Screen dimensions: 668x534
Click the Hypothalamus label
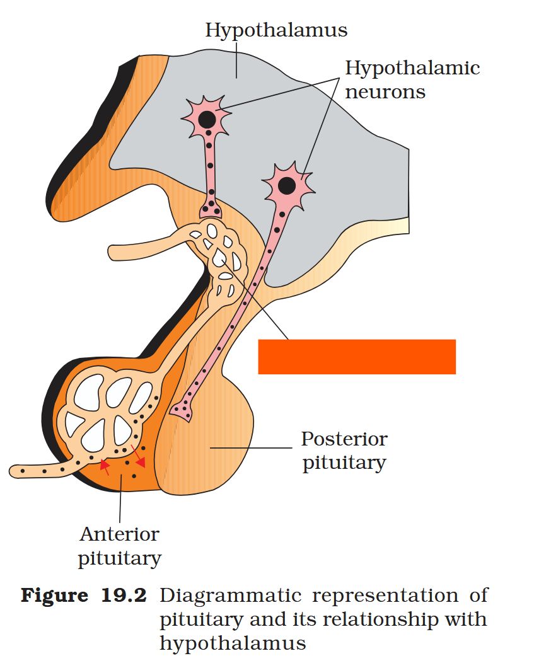coord(276,30)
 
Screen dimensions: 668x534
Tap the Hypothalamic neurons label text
coord(412,79)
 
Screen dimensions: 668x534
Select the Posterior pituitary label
coord(344,451)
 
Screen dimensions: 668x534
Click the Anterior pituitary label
coord(119,546)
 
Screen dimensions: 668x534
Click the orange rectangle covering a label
coord(357,357)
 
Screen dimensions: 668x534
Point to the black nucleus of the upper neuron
coord(206,119)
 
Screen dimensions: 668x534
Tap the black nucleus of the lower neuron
coord(286,185)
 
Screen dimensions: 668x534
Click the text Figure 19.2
coord(84,596)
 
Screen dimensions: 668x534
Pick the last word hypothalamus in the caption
coord(233,643)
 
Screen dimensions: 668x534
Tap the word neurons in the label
coord(385,91)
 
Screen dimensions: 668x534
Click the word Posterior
coord(344,439)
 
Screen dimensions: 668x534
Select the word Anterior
coord(119,534)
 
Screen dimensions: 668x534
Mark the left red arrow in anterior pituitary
coord(105,466)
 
